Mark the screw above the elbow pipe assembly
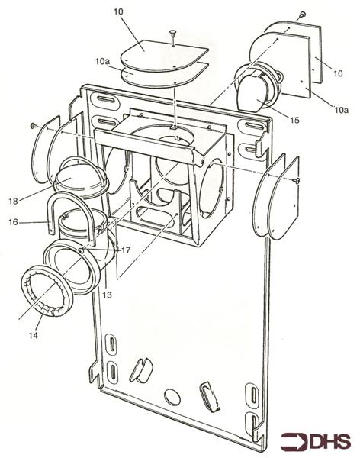(x=304, y=14)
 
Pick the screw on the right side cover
(x=296, y=180)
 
